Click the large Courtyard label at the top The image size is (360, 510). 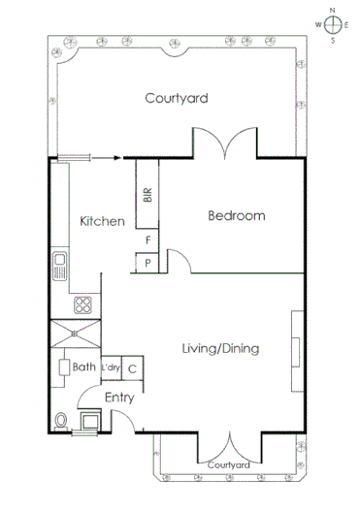click(x=177, y=98)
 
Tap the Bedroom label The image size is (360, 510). click(x=236, y=216)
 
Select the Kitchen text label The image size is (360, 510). click(x=102, y=221)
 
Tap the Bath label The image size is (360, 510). click(x=83, y=367)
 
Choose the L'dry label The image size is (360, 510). click(x=110, y=367)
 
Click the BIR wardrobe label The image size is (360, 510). click(x=147, y=194)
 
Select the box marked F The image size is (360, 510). click(x=147, y=239)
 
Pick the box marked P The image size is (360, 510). click(x=147, y=263)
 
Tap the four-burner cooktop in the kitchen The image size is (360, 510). click(x=83, y=304)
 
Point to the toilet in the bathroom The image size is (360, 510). click(x=63, y=420)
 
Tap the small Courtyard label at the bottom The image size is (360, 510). click(x=230, y=465)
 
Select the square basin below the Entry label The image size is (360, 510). click(x=91, y=420)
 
